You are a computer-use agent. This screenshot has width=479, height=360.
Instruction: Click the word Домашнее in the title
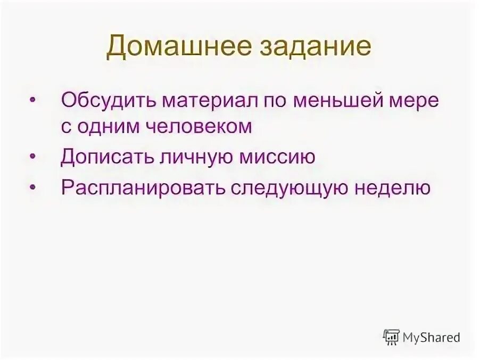(171, 47)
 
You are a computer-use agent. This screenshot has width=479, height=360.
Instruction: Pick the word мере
(413, 100)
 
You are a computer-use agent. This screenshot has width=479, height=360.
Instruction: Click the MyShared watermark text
(431, 337)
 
